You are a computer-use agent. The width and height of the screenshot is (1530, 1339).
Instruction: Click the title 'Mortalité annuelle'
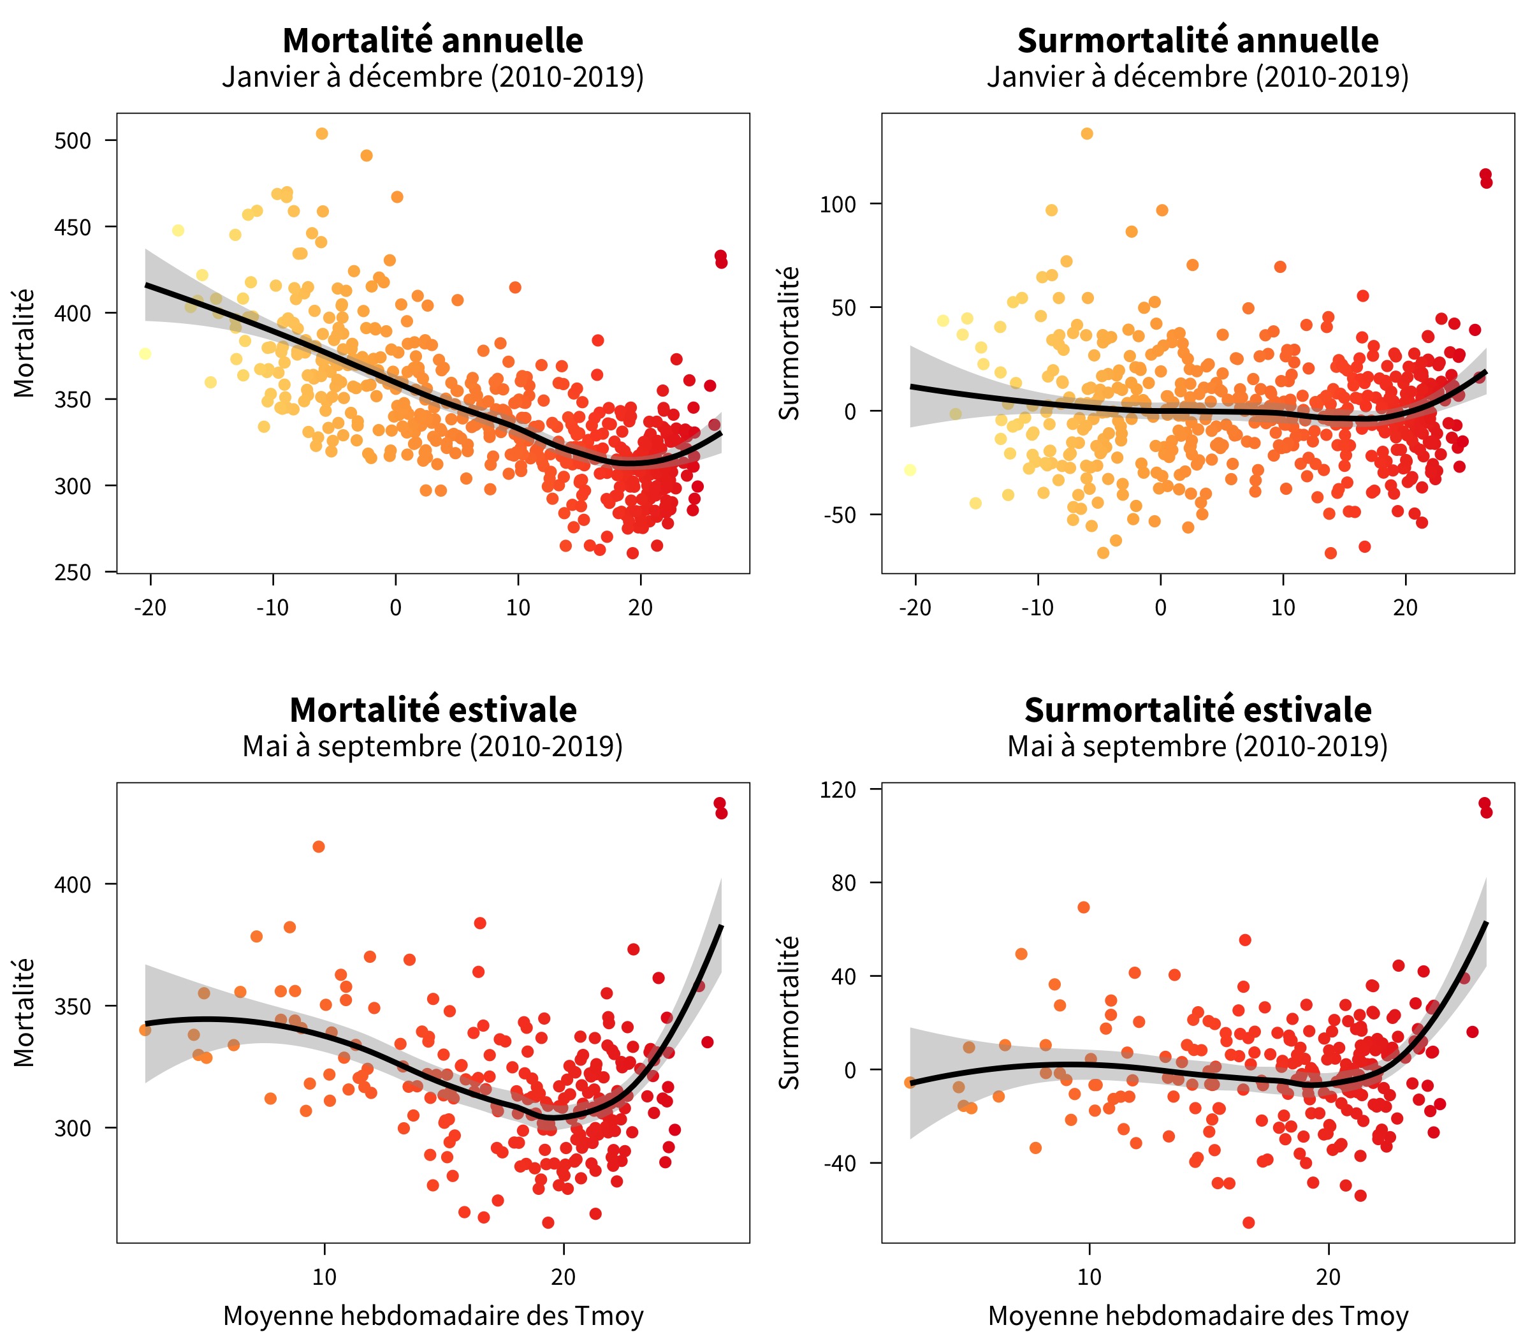tap(433, 40)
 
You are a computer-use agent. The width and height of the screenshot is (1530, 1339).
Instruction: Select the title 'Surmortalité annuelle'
tap(1198, 40)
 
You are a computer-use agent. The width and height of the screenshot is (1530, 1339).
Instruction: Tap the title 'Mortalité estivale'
tap(433, 710)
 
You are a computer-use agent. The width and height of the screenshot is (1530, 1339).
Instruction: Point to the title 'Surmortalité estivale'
tap(1198, 710)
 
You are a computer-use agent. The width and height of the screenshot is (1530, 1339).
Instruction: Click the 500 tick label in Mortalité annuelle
tap(73, 140)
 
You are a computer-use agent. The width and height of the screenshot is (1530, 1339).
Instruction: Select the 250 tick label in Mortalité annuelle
tap(73, 573)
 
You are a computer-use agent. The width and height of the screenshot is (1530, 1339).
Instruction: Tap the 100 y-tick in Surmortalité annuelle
tap(838, 204)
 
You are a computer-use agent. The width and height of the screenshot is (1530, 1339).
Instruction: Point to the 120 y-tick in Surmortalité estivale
tap(838, 790)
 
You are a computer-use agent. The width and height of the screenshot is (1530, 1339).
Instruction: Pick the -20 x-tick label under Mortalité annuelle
tap(150, 608)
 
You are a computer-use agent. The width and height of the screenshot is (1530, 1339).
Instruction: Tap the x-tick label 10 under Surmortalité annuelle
tap(1283, 608)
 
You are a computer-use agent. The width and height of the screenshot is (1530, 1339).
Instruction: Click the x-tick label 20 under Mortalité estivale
tap(564, 1277)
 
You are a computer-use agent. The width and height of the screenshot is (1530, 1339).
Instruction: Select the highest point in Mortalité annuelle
tap(322, 134)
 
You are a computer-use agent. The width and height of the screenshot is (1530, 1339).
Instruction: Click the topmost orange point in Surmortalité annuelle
tap(1087, 134)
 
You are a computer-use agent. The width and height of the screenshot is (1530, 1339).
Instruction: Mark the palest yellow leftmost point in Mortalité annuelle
tap(145, 353)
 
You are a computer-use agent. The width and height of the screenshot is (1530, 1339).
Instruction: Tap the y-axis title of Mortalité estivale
tap(25, 1013)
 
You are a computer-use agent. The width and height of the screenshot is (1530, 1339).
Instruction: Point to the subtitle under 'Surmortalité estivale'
tap(1198, 747)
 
